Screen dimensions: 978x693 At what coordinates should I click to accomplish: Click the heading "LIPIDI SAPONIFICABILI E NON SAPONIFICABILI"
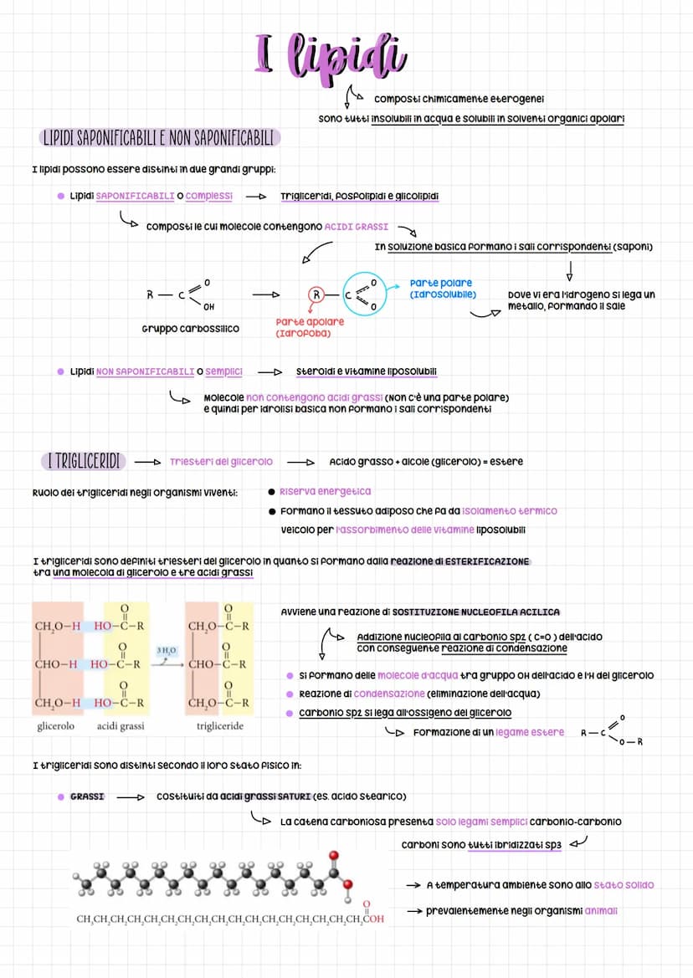(160, 137)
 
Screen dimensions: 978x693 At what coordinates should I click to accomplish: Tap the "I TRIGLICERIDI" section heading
(83, 461)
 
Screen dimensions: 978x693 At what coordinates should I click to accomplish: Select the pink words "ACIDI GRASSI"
(357, 227)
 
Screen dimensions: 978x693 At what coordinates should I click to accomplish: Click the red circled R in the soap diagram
(316, 294)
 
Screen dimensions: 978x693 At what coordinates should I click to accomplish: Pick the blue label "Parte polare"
(441, 284)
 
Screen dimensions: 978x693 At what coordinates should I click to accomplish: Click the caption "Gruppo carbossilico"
(191, 329)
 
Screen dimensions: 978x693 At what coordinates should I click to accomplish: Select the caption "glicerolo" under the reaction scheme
(56, 726)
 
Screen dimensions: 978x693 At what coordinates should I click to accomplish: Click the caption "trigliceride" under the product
(220, 726)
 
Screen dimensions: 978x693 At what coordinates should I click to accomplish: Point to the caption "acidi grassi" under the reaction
(121, 726)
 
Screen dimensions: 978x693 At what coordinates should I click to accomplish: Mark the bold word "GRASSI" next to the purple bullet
(87, 796)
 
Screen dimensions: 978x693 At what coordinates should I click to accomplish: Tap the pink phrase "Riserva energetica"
(325, 491)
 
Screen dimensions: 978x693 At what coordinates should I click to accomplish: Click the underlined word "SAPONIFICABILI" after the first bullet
(135, 196)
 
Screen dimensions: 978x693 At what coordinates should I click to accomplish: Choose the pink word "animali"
(601, 911)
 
